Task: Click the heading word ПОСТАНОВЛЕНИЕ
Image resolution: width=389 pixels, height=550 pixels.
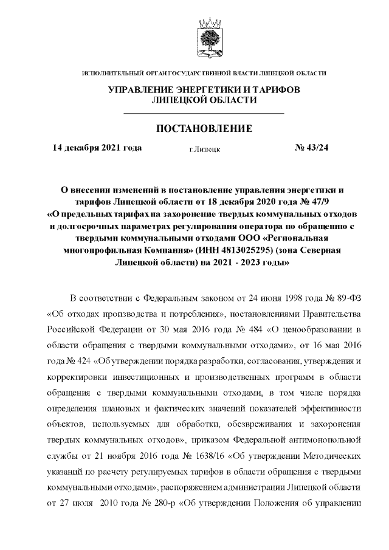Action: click(204, 128)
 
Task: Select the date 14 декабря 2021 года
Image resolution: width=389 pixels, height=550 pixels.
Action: click(97, 148)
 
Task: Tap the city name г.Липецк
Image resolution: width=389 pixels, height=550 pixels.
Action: click(205, 149)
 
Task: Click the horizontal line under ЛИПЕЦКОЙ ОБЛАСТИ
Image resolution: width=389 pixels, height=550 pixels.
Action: click(204, 114)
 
